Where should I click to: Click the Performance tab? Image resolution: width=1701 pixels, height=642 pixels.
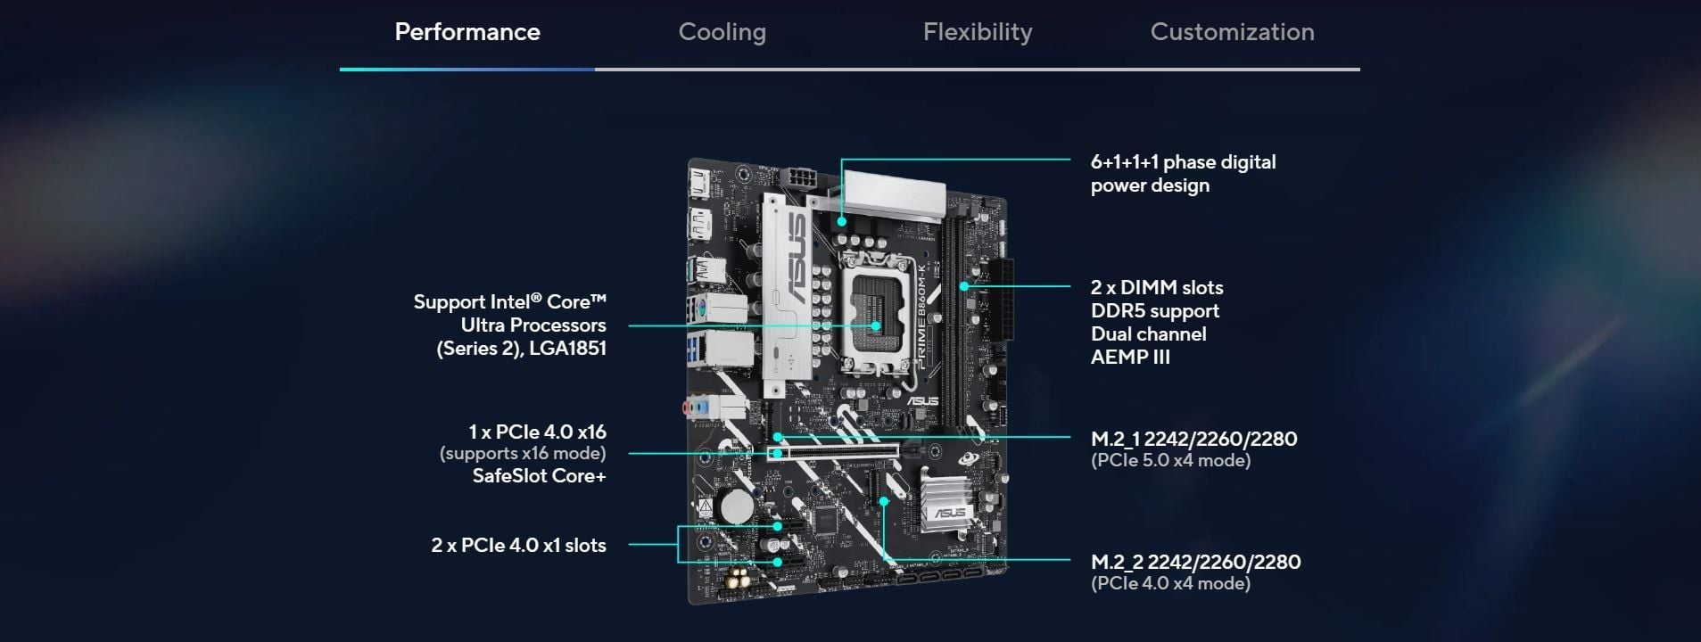point(467,32)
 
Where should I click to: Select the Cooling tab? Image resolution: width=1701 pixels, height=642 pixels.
point(723,32)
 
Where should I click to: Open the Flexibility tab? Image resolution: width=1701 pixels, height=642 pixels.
point(978,32)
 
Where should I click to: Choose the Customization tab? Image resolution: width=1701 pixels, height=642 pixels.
point(1232,32)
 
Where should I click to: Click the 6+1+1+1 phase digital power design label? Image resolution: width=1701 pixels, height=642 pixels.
point(1183,174)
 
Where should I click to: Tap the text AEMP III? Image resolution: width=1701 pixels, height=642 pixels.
point(1130,357)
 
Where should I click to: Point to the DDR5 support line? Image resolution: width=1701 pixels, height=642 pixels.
point(1154,310)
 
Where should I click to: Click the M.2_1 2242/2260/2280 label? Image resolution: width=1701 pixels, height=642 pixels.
point(1193,439)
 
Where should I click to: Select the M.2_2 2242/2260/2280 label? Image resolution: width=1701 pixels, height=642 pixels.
point(1195,562)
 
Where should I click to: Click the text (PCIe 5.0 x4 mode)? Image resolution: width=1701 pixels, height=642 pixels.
point(1170,460)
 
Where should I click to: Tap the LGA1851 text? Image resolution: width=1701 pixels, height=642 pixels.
point(567,349)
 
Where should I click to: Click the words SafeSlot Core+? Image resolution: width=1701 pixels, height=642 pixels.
point(539,476)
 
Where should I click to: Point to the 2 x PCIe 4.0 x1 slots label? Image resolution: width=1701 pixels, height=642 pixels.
point(518,545)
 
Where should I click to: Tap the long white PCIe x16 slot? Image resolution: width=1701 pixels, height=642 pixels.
point(833,453)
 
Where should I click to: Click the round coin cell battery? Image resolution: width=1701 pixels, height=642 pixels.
point(738,506)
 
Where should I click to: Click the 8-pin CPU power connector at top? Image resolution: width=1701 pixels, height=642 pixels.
point(799,178)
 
